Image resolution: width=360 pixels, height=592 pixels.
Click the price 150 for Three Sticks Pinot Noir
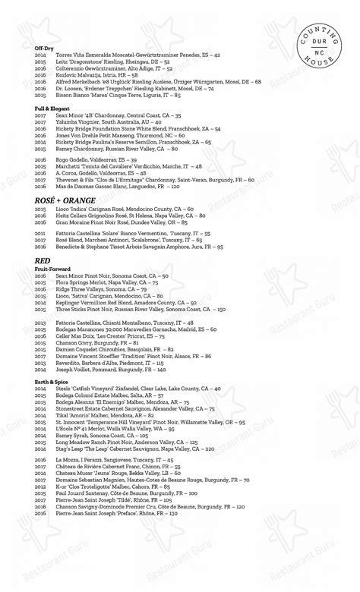[x=221, y=310]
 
